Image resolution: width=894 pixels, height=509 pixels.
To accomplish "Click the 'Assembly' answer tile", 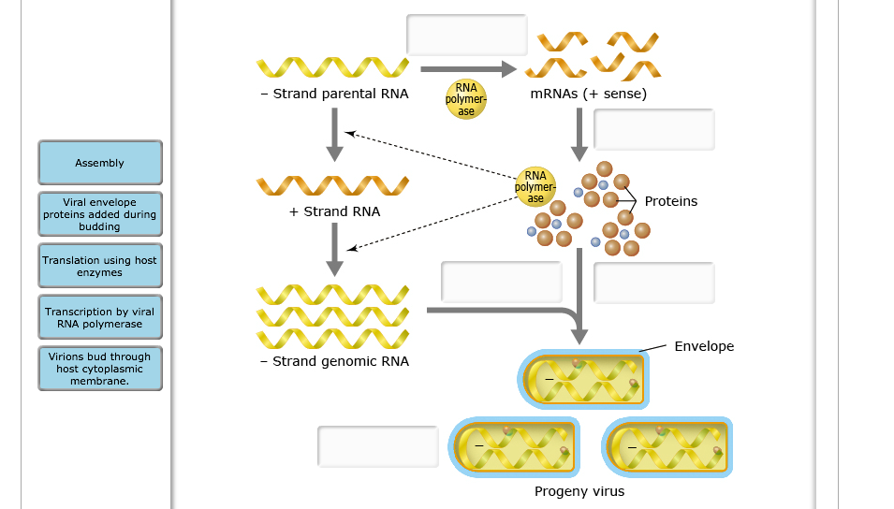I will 100,163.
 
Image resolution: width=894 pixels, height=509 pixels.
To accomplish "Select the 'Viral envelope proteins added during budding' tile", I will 100,214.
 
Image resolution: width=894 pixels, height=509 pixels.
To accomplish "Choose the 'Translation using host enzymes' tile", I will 100,267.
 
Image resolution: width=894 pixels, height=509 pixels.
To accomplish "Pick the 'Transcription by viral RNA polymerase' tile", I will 100,318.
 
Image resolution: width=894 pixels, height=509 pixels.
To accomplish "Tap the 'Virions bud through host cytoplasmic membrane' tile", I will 100,369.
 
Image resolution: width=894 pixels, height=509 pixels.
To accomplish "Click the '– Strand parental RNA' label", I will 334,95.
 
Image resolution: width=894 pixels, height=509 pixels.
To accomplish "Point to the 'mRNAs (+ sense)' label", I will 588,95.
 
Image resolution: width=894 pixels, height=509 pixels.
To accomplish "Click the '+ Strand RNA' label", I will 334,211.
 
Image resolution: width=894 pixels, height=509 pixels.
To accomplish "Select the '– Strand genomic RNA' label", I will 334,361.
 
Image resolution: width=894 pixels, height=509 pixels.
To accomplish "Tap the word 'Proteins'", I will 670,201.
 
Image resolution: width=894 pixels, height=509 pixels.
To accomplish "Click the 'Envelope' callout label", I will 704,346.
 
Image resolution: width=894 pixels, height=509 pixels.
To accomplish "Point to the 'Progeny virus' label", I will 579,491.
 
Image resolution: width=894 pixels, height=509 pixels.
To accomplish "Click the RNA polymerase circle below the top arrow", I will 466,99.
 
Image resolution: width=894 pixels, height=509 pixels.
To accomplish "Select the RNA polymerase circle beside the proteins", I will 535,186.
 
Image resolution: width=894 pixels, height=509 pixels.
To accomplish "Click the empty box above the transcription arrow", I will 467,36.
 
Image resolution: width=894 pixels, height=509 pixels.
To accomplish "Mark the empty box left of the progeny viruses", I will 378,446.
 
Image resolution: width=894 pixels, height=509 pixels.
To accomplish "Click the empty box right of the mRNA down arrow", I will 653,129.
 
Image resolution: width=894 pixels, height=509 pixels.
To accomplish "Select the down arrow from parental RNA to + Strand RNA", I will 333,135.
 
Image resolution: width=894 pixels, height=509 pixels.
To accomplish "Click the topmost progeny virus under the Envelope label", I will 583,380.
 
